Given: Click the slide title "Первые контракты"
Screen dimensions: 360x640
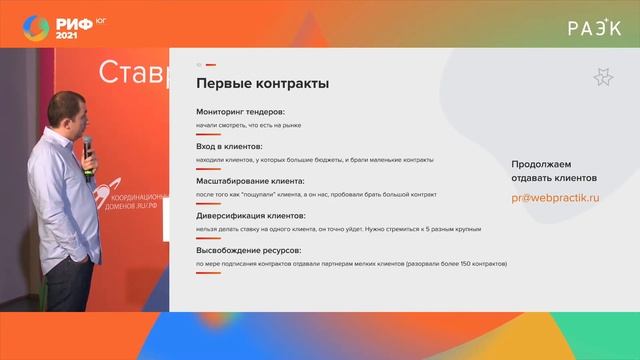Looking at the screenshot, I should [262, 84].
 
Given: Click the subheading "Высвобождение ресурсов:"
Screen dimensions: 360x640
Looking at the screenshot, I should [248, 250].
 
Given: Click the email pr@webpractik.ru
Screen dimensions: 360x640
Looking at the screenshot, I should [555, 198].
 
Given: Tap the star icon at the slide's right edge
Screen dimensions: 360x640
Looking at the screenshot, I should [602, 77].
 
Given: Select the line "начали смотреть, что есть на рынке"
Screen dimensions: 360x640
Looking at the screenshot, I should [248, 125].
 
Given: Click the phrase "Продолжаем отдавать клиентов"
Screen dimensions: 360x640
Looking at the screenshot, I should [554, 170].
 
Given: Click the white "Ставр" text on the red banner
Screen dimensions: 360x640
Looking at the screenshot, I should [130, 73].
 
